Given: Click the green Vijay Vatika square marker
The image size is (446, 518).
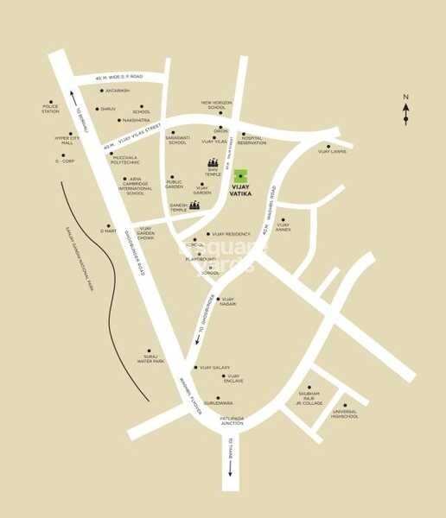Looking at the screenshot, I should click(239, 174).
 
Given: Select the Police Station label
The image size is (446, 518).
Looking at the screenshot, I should click(51, 109).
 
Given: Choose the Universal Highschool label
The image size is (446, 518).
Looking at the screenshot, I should click(345, 414).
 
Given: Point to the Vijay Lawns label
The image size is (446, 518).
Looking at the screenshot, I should click(331, 151).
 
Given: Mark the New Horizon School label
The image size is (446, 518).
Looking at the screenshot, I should click(219, 105).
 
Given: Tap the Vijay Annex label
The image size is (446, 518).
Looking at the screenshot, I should click(283, 228).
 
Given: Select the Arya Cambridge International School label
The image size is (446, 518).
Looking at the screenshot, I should click(135, 187).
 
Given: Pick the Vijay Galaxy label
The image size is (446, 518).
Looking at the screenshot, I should click(213, 368).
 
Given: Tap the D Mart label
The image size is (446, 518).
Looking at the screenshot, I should click(108, 231).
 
